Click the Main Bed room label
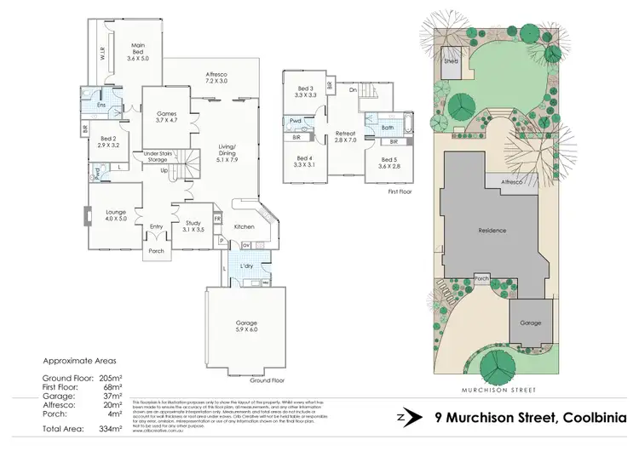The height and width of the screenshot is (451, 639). point(137,54)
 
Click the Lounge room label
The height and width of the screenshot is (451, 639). point(116,214)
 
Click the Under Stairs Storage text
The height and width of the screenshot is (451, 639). point(157,157)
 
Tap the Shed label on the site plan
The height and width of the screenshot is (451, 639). point(451,61)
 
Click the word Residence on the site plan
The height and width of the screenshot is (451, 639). point(492,231)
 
